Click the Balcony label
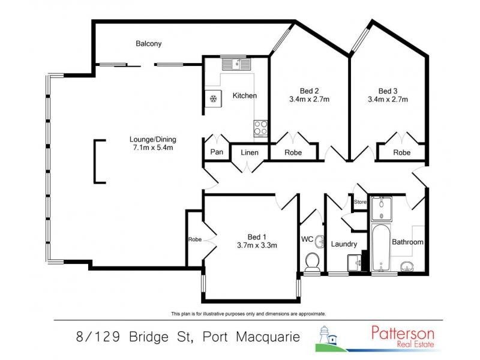tap(149, 44)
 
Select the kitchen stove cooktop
tap(261, 127)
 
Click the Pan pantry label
tap(217, 152)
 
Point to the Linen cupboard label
tap(250, 152)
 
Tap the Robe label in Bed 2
tap(293, 152)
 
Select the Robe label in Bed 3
tap(402, 152)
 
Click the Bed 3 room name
tap(387, 91)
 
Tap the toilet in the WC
tap(312, 262)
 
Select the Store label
tap(360, 202)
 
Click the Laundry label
tap(344, 244)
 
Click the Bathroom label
tap(408, 242)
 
